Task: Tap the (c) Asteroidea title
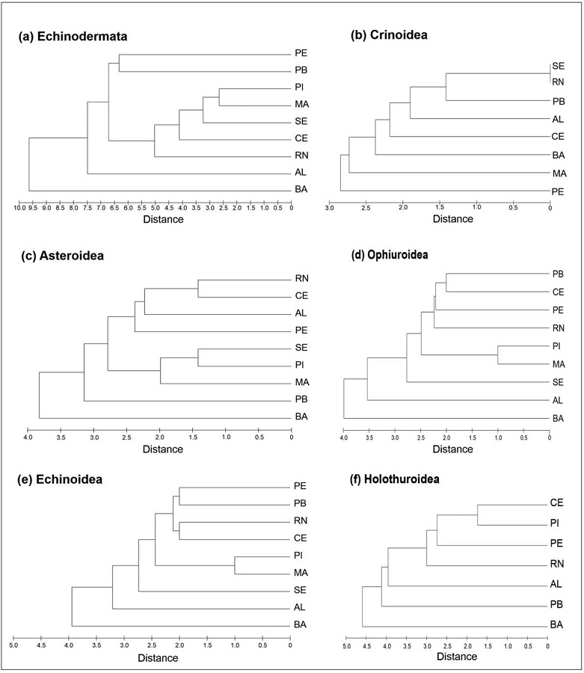pyautogui.click(x=64, y=256)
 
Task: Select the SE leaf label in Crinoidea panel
pyautogui.click(x=558, y=66)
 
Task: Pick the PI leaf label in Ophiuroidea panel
pyautogui.click(x=557, y=346)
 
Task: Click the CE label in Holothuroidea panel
pyautogui.click(x=556, y=503)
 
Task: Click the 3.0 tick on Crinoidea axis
pyautogui.click(x=329, y=209)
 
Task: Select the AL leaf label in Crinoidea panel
pyautogui.click(x=558, y=118)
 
